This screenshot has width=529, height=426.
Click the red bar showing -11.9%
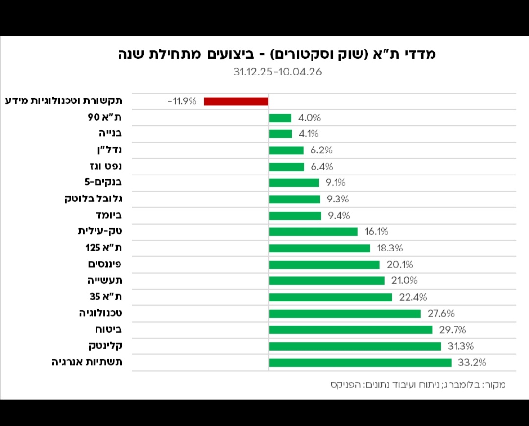coord(236,101)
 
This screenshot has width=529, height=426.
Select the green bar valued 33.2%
coord(360,363)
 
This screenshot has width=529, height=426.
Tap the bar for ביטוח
coord(351,330)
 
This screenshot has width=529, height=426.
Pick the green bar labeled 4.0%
coord(280,118)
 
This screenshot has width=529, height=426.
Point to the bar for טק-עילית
coord(313,232)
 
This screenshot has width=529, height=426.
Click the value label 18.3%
coord(390,248)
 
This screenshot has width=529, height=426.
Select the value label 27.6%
coord(441,313)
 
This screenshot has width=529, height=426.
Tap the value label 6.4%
coord(322,167)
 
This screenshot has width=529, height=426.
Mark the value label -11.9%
coord(182,101)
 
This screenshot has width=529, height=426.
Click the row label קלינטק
coord(105,346)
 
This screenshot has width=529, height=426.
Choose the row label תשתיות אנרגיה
coord(87,363)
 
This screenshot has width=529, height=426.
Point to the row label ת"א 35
coord(106,297)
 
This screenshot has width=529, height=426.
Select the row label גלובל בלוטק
coord(93,199)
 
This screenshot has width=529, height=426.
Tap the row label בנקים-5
coord(103,183)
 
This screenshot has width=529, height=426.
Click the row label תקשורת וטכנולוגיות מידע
coord(64,101)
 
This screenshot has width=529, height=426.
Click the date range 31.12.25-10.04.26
coord(277,72)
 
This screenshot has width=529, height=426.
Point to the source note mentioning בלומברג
coord(418,385)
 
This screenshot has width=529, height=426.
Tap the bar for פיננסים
coord(324,265)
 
